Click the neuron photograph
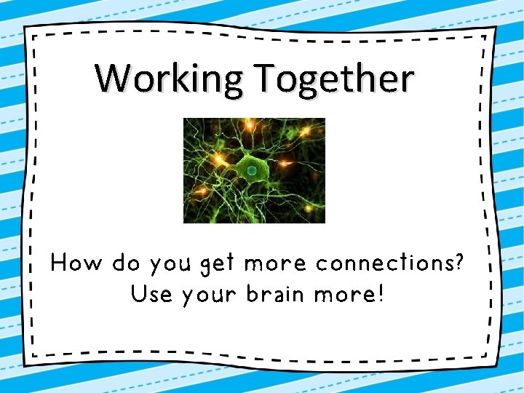click(x=254, y=170)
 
